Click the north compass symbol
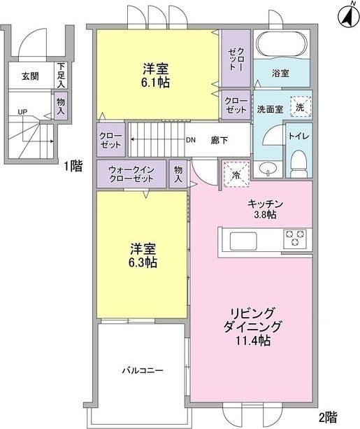[347, 13]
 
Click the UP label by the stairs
[23, 112]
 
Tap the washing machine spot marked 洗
[299, 107]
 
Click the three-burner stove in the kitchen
[294, 239]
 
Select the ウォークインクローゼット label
[131, 174]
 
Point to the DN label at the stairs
[190, 139]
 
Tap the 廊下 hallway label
[220, 139]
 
